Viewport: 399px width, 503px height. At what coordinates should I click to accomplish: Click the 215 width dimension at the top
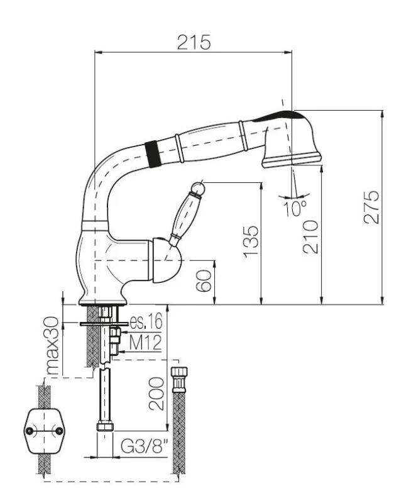[194, 41]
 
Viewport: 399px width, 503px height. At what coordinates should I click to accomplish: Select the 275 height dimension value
[371, 206]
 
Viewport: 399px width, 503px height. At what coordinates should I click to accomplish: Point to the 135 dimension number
[250, 241]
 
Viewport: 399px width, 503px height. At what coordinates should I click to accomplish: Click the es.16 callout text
[146, 322]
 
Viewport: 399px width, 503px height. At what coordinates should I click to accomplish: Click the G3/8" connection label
[144, 447]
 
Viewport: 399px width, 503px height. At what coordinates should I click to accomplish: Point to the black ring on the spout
[150, 153]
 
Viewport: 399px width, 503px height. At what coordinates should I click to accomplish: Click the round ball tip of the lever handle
[199, 187]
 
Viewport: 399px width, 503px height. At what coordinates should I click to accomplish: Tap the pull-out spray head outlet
[290, 162]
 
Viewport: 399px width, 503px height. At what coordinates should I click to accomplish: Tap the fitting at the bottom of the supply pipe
[105, 428]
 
